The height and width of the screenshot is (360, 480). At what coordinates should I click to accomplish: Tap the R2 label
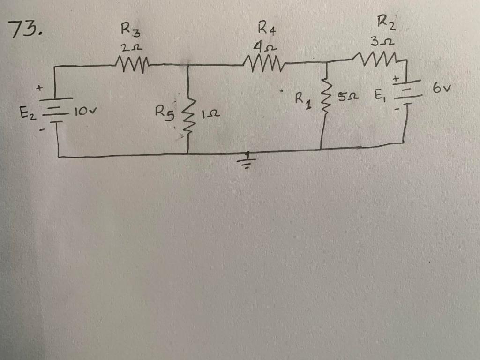coord(386,22)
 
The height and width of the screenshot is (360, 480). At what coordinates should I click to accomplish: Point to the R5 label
coord(165,112)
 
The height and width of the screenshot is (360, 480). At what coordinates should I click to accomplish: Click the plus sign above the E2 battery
coord(40,87)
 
